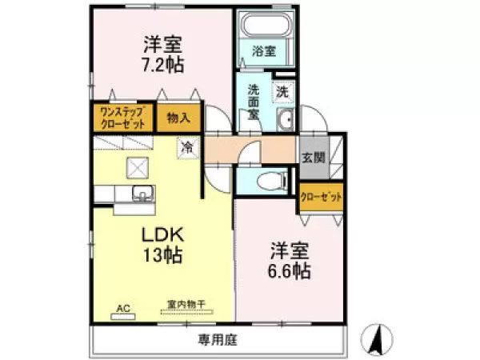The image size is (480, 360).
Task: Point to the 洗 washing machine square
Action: click(282, 91)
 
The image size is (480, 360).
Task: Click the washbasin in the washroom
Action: click(284, 121)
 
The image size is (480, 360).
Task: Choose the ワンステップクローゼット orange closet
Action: click(122, 118)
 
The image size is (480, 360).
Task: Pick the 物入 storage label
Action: click(178, 118)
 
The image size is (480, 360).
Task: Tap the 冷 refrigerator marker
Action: click(187, 147)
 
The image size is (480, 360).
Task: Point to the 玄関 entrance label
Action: click(313, 158)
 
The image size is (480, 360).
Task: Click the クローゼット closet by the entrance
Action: click(322, 197)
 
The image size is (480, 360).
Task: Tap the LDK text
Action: click(164, 234)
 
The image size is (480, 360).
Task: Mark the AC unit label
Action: click(123, 307)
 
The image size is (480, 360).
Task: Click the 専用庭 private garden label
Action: click(218, 340)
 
